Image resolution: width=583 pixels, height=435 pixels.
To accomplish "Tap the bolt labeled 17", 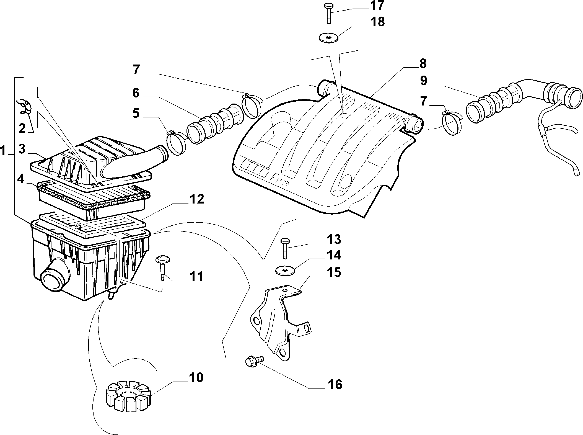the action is click(x=328, y=14).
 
